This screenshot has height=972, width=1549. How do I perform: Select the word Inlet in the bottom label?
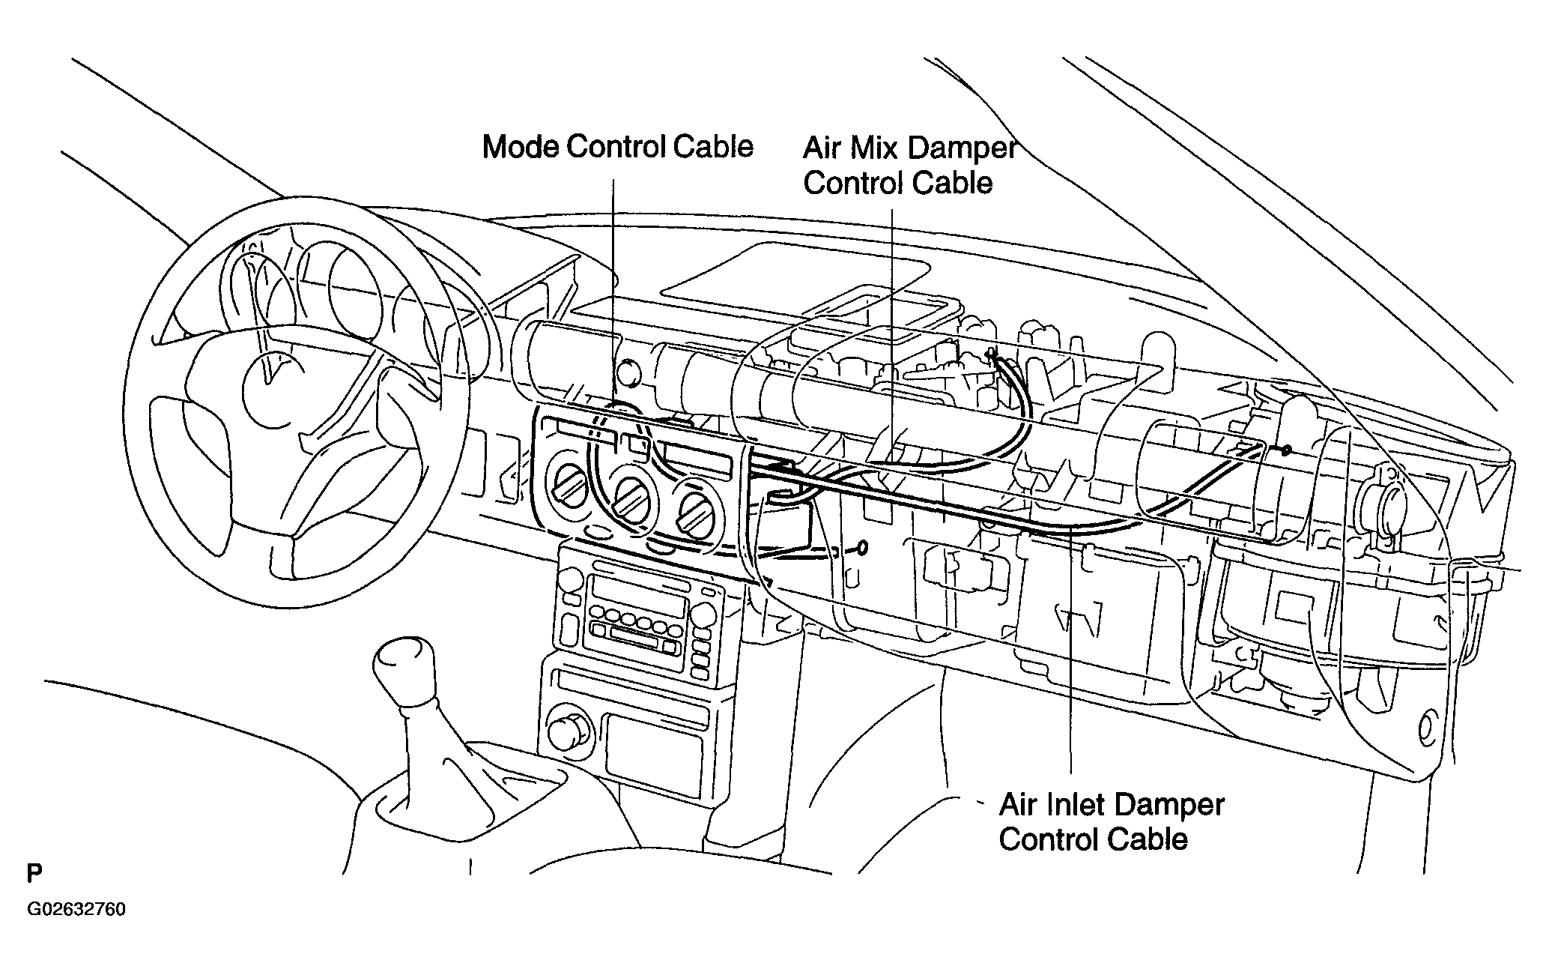tap(1073, 806)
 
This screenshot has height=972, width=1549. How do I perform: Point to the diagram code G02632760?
tap(76, 910)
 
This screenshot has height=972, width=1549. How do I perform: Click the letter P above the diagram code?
tap(34, 874)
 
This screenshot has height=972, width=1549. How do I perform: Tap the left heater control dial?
tap(569, 486)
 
